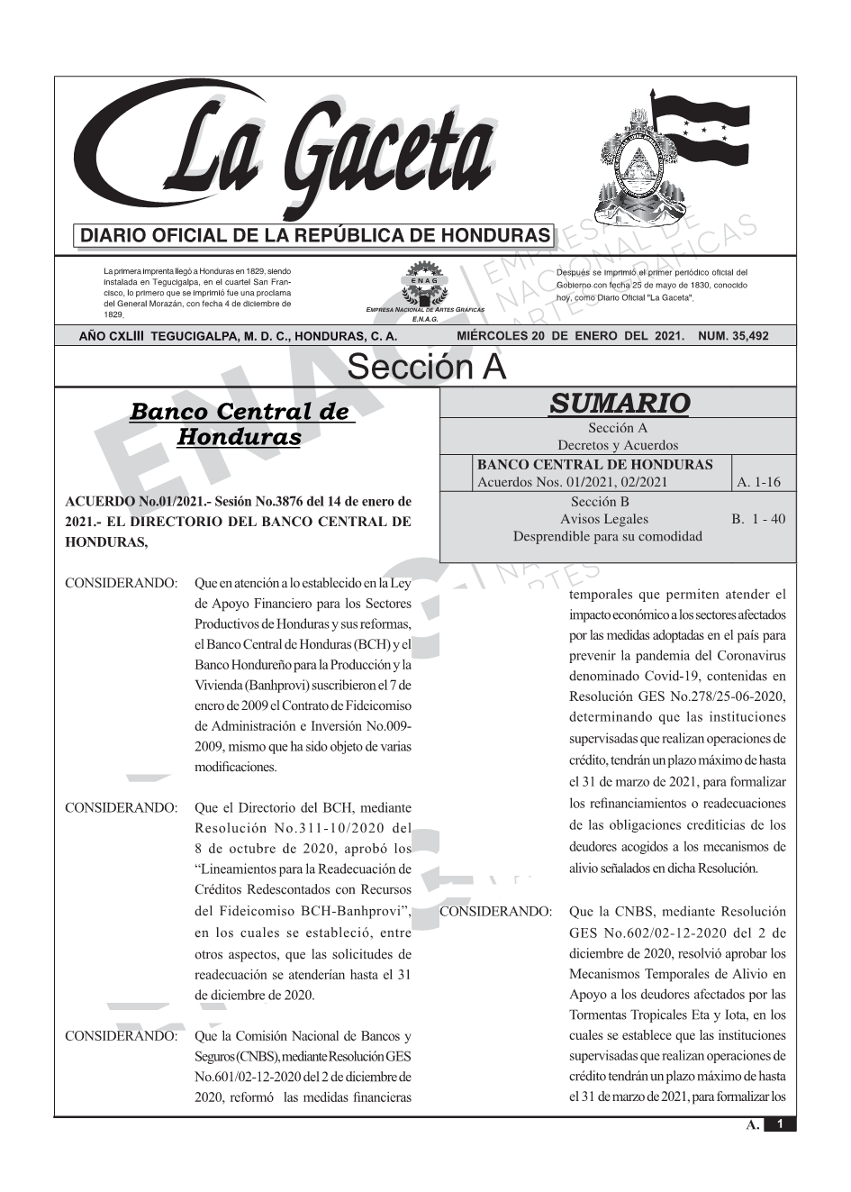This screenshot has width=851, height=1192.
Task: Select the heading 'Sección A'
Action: tap(426, 368)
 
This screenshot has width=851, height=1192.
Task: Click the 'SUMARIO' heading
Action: tap(619, 403)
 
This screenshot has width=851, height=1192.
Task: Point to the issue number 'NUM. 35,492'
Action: tap(733, 336)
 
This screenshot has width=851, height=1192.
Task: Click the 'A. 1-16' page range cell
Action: tap(758, 482)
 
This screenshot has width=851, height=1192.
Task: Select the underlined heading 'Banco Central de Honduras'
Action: tap(240, 424)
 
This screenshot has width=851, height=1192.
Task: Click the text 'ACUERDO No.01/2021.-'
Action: tap(131, 501)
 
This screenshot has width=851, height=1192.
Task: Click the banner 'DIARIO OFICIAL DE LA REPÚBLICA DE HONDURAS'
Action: tap(315, 236)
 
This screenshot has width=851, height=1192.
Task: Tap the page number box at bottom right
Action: tap(780, 1124)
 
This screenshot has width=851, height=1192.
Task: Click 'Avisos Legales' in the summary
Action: tap(603, 519)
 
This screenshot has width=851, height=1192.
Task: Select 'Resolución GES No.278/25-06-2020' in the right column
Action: tap(677, 696)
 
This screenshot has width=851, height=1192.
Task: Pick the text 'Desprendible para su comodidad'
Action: tap(607, 536)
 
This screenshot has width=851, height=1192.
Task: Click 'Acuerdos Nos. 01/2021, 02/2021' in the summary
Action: tap(572, 482)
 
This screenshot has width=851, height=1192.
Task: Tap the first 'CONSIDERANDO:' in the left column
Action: tap(121, 583)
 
